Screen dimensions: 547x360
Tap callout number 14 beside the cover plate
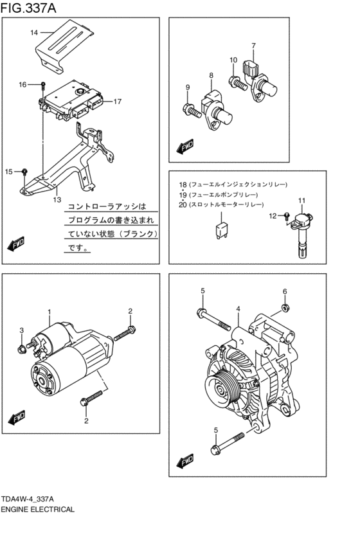pyautogui.click(x=34, y=31)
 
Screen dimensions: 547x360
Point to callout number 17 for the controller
pyautogui.click(x=117, y=102)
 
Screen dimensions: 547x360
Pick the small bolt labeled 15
pyautogui.click(x=24, y=171)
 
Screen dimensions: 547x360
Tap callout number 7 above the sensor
pyautogui.click(x=253, y=46)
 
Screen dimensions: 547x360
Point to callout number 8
pyautogui.click(x=210, y=76)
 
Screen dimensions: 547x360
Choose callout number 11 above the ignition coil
pyautogui.click(x=300, y=202)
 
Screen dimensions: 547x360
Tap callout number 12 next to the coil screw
pyautogui.click(x=272, y=216)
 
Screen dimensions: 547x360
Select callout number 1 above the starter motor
pyautogui.click(x=48, y=312)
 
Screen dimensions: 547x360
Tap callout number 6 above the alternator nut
pyautogui.click(x=285, y=292)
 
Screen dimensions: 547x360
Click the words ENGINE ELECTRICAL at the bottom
pyautogui.click(x=37, y=509)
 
